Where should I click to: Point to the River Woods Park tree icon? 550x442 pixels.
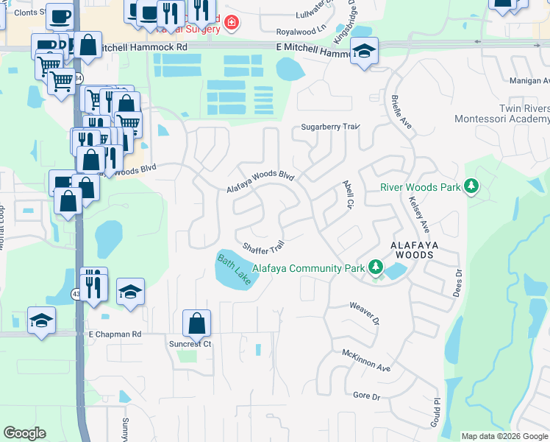click(x=471, y=187)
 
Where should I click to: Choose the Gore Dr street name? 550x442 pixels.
click(x=366, y=396)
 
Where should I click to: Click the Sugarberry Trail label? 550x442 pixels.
click(x=330, y=127)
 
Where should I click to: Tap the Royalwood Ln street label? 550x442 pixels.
click(x=301, y=32)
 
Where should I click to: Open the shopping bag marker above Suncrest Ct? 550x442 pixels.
click(x=197, y=323)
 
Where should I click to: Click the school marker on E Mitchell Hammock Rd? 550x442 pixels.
click(x=364, y=52)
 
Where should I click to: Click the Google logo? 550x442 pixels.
click(x=25, y=433)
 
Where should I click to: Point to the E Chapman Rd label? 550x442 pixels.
click(x=115, y=334)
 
